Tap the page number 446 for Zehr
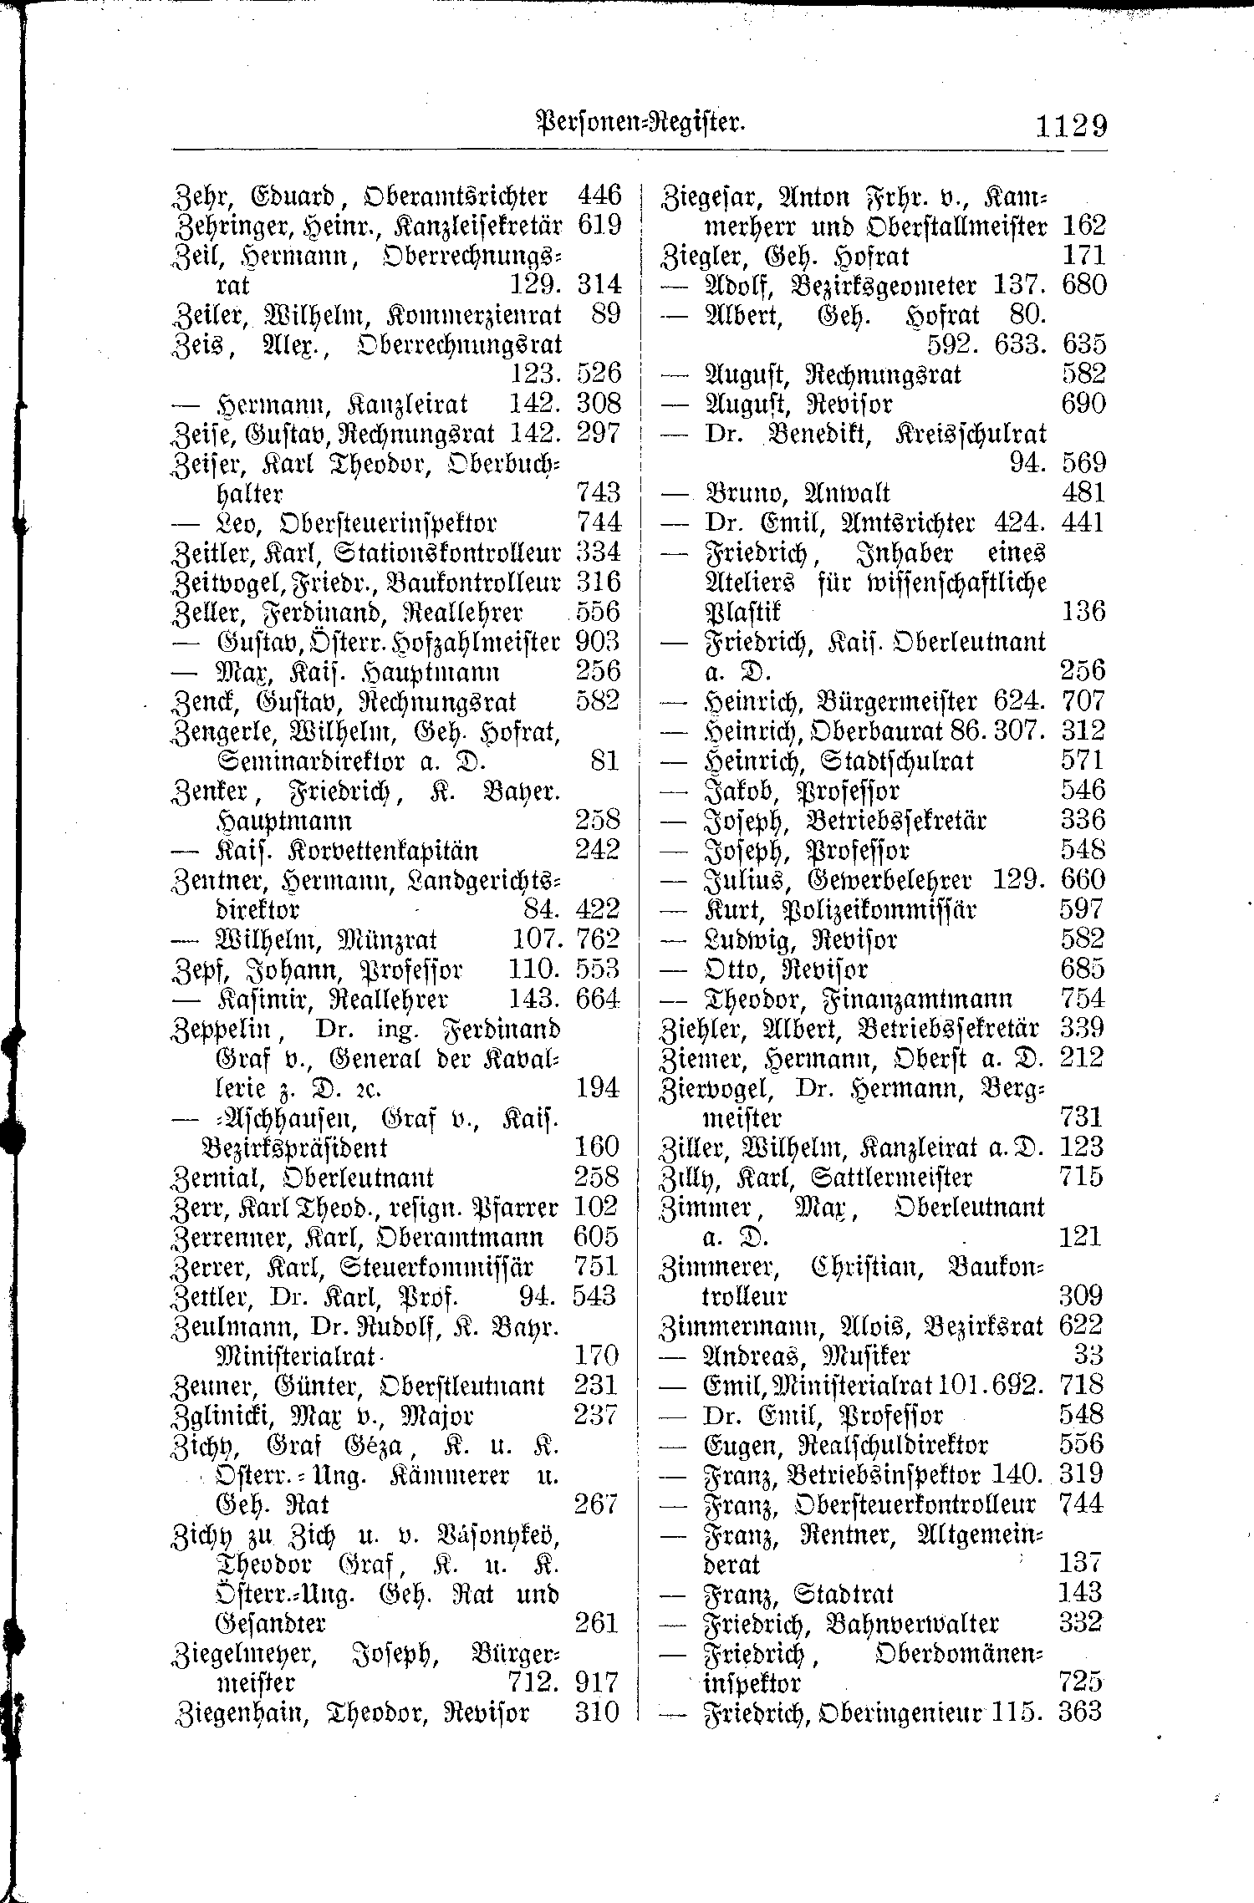pyautogui.click(x=599, y=196)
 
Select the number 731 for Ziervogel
pyautogui.click(x=1081, y=1117)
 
